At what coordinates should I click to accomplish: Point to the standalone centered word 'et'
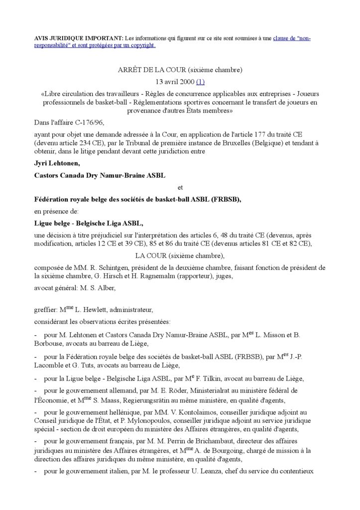point(180,188)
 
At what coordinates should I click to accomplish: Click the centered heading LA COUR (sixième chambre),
point(180,256)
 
